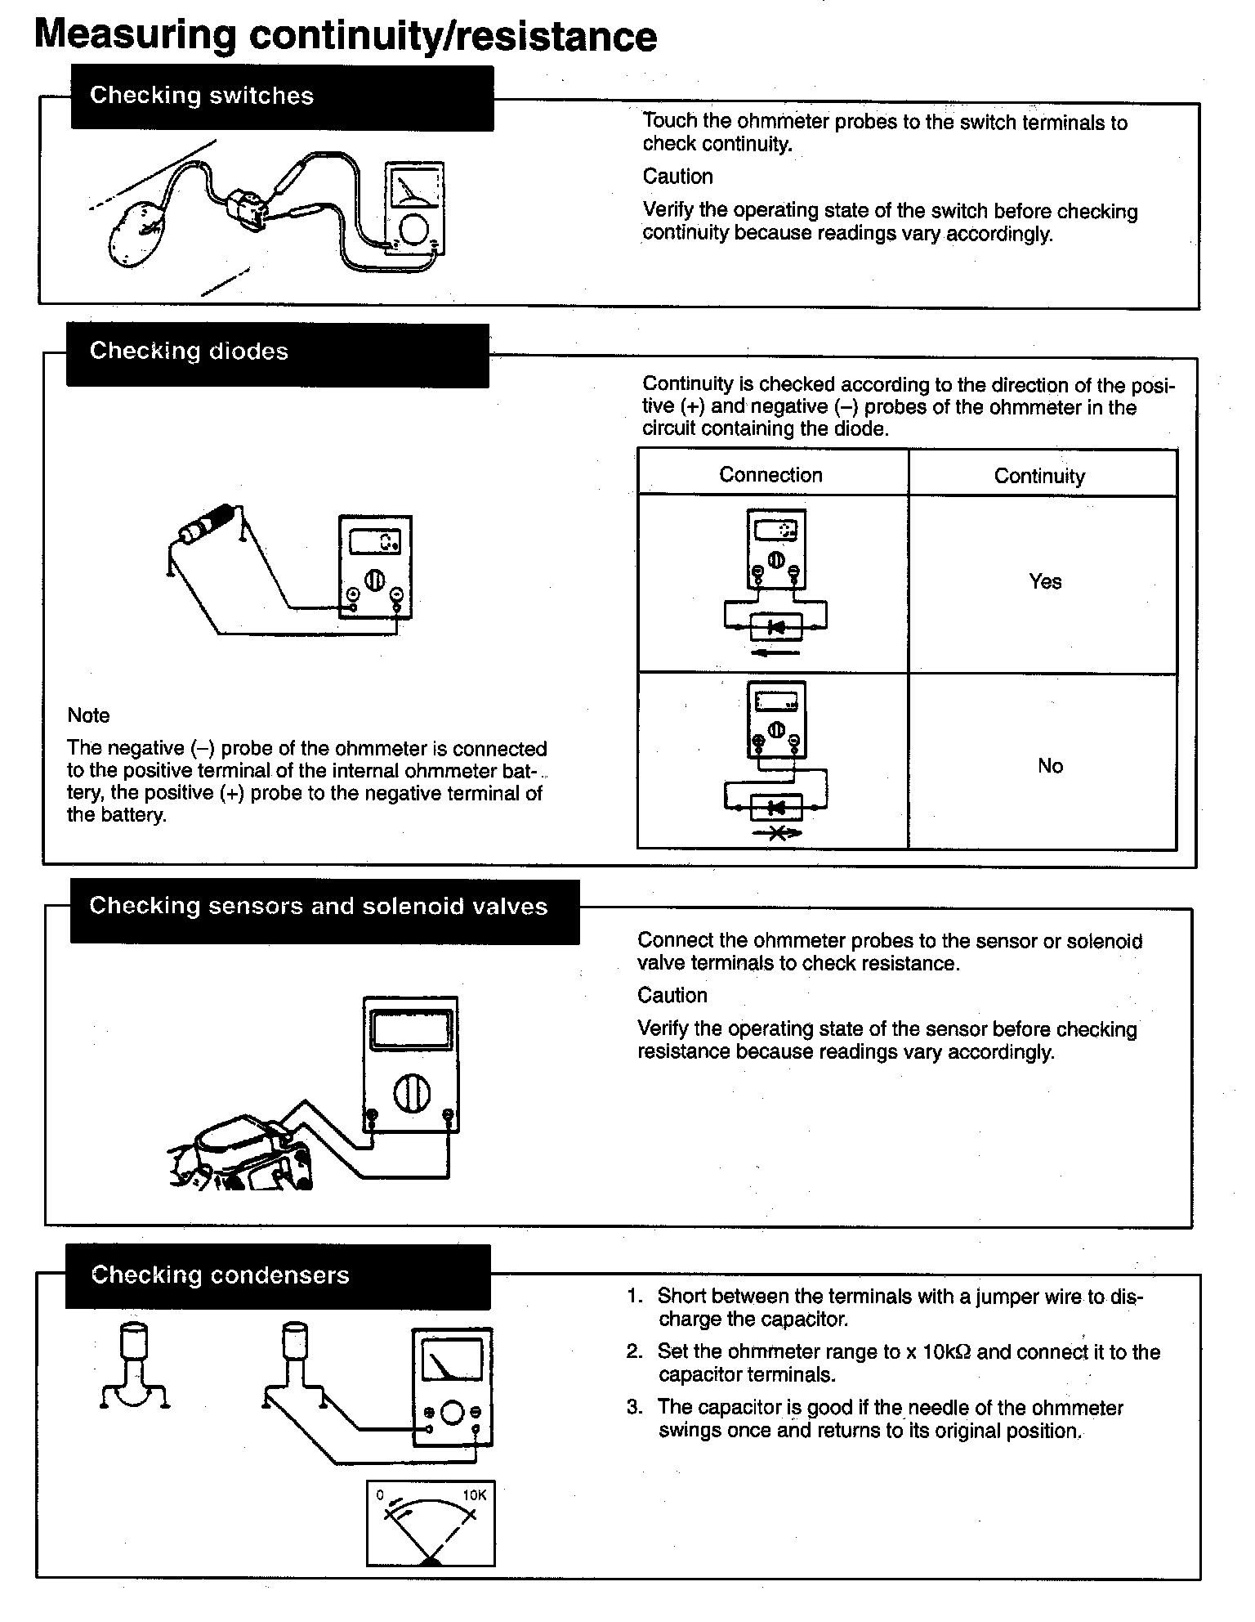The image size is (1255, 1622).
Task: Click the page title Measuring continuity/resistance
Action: coord(346,36)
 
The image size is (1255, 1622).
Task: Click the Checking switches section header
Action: coord(201,96)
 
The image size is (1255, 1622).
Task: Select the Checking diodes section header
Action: coord(189,352)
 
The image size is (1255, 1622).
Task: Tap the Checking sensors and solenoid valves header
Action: coord(318,907)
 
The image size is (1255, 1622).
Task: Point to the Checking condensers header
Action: coord(220,1275)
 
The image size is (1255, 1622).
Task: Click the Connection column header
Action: coord(770,475)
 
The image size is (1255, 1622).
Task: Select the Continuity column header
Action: coord(1039,477)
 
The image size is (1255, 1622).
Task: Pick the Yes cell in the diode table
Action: coord(1045,582)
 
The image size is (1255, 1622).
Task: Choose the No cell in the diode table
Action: coord(1050,766)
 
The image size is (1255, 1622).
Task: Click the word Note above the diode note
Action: coord(88,715)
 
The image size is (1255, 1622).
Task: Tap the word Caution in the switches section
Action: coord(677,177)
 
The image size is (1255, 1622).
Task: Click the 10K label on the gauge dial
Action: coord(474,1495)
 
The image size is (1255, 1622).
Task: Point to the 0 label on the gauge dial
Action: coord(380,1495)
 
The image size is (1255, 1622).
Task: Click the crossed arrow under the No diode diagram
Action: coord(776,833)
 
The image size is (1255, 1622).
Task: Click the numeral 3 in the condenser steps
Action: coord(634,1408)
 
